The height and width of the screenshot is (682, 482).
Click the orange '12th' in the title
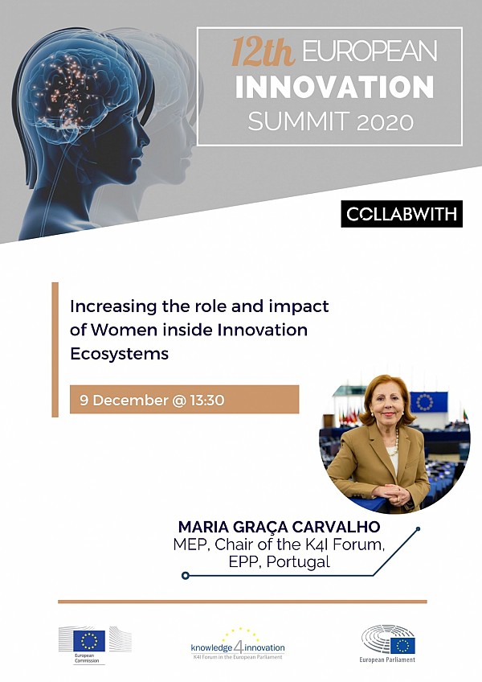click(263, 51)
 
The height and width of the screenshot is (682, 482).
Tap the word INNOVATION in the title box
click(335, 87)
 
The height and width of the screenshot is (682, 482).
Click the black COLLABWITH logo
click(402, 214)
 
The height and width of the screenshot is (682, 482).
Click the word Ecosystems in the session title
click(119, 354)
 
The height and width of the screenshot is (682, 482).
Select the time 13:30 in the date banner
click(207, 401)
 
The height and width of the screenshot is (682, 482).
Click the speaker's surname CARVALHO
click(336, 527)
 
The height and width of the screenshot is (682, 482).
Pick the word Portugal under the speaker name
click(298, 561)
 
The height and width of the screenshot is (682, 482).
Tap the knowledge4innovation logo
click(238, 644)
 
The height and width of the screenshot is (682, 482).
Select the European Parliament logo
click(387, 643)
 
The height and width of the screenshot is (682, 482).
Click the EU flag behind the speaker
click(428, 402)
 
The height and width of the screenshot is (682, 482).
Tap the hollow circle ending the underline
click(186, 576)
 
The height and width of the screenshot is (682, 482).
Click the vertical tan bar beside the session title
click(55, 350)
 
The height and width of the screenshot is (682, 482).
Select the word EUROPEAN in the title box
click(370, 51)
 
